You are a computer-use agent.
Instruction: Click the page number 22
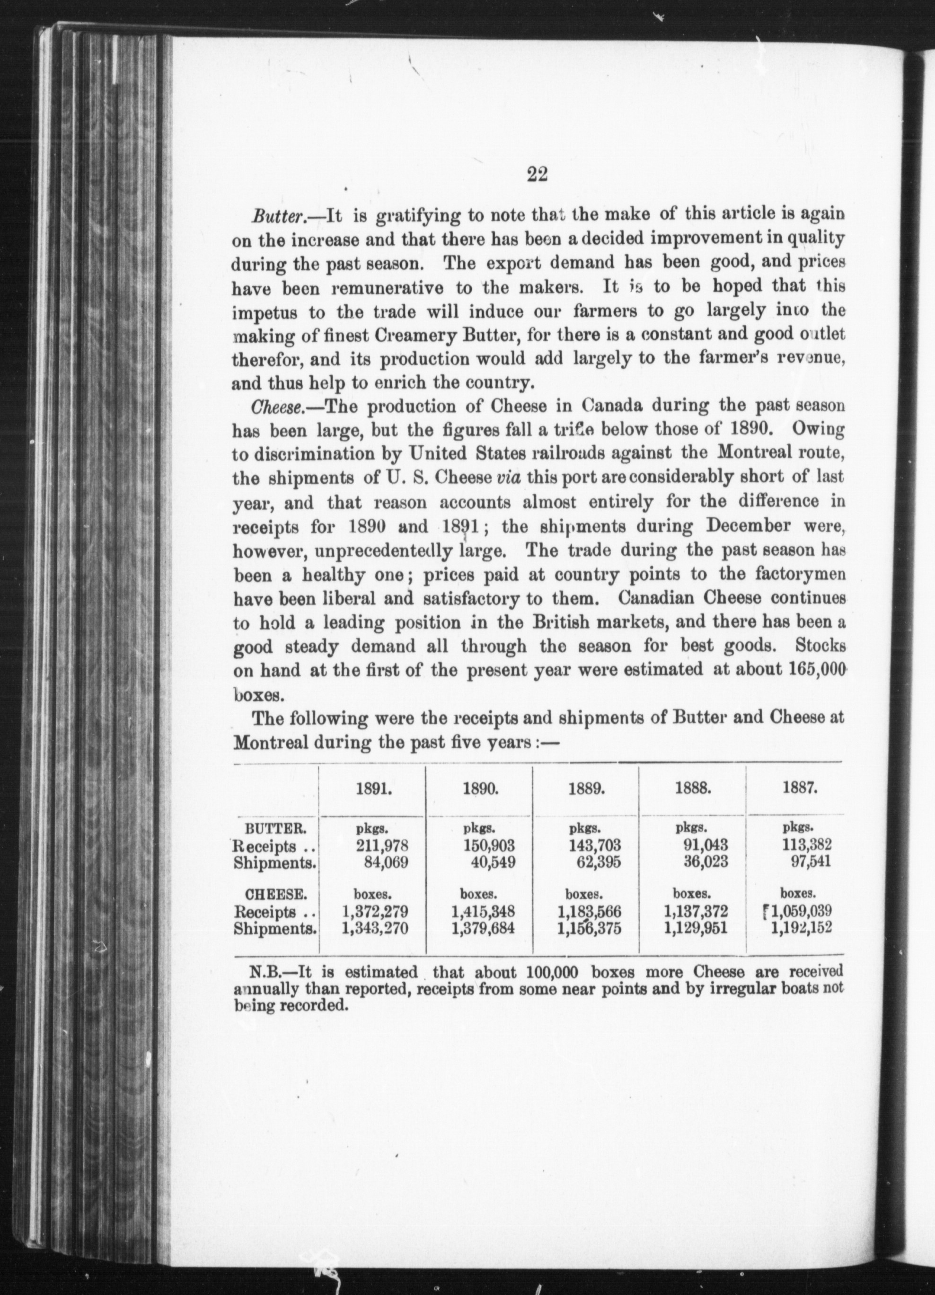[537, 175]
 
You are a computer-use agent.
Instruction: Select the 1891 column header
[373, 789]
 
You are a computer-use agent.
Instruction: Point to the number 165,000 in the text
[817, 670]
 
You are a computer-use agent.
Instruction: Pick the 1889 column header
[586, 789]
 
